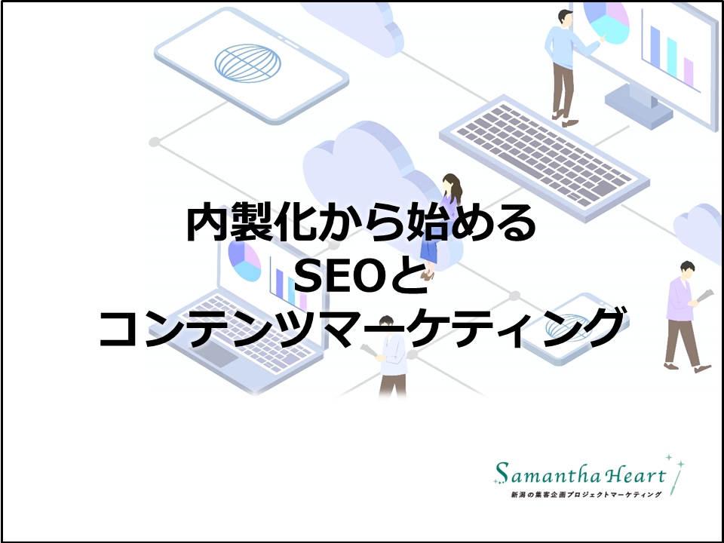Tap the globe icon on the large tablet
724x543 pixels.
click(247, 63)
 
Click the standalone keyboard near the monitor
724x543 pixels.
click(545, 156)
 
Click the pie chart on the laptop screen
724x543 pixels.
click(244, 262)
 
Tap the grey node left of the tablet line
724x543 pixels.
click(154, 142)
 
